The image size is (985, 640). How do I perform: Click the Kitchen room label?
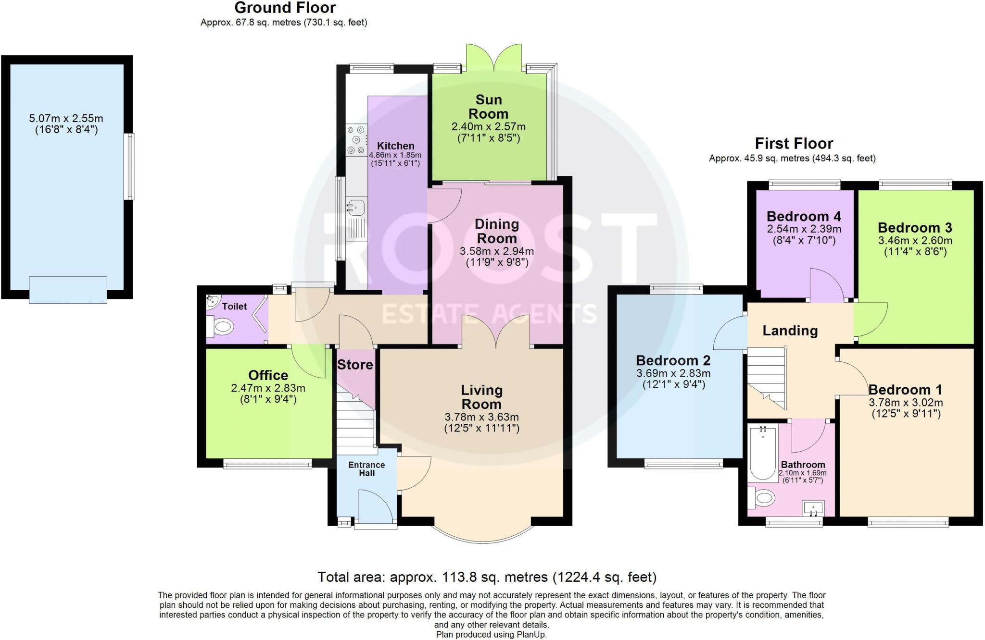pyautogui.click(x=395, y=146)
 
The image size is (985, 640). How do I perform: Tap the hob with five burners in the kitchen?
pyautogui.click(x=356, y=140)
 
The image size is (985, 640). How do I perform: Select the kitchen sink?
pyautogui.click(x=356, y=208)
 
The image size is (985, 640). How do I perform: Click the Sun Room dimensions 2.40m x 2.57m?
pyautogui.click(x=488, y=127)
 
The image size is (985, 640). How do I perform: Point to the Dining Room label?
pyautogui.click(x=496, y=231)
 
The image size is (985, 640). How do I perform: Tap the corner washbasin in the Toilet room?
pyautogui.click(x=212, y=302)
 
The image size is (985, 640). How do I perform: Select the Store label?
pyautogui.click(x=355, y=365)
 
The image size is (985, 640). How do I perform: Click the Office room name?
pyautogui.click(x=268, y=375)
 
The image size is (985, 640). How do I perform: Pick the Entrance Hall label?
pyautogui.click(x=366, y=469)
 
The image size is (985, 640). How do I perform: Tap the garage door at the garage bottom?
pyautogui.click(x=68, y=290)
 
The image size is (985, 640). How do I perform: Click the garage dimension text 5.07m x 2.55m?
pyautogui.click(x=66, y=118)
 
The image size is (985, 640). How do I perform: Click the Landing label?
pyautogui.click(x=790, y=331)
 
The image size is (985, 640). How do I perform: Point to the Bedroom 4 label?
pyautogui.click(x=804, y=216)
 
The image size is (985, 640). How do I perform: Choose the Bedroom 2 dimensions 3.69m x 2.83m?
pyautogui.click(x=673, y=373)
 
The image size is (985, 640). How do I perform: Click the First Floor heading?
pyautogui.click(x=794, y=144)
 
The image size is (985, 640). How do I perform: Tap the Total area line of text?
pyautogui.click(x=487, y=577)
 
